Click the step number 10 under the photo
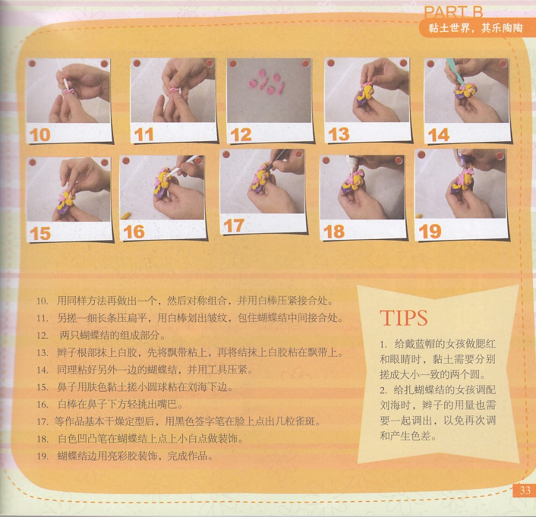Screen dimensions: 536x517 tap(40, 135)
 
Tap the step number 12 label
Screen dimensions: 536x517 tap(241, 135)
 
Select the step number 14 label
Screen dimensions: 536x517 tap(438, 135)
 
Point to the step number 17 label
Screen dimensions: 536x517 tap(234, 225)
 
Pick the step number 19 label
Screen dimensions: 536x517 tap(430, 231)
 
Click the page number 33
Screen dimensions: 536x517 tap(525, 490)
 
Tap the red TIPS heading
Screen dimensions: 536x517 tap(404, 318)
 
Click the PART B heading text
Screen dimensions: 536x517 tap(453, 13)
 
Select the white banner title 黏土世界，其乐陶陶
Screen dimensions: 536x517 tap(475, 27)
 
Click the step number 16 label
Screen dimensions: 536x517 tap(134, 232)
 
